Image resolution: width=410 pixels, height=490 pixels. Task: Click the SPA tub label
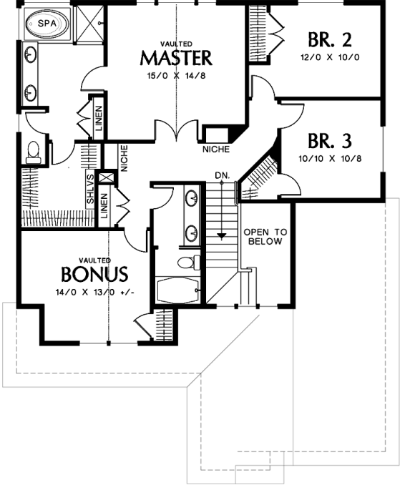47,23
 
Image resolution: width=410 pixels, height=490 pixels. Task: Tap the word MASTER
176,58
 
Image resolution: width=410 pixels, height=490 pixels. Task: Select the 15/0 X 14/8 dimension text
176,76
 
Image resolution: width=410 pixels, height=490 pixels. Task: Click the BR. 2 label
330,39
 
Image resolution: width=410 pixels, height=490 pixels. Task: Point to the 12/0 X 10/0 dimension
330,57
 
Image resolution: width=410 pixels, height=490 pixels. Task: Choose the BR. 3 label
330,141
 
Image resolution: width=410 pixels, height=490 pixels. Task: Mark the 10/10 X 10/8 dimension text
330,159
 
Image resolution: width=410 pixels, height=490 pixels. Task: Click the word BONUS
94,275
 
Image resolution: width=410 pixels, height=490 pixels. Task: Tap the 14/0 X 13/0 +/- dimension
95,293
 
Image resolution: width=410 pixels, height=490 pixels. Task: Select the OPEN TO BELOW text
265,237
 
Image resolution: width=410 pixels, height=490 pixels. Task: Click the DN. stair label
223,175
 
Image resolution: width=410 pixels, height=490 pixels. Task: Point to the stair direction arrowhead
222,236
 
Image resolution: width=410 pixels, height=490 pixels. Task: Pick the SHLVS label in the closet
90,189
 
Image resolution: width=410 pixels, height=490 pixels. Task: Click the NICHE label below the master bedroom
216,149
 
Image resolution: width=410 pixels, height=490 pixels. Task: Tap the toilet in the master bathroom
33,152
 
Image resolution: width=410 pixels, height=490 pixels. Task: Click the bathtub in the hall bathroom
177,290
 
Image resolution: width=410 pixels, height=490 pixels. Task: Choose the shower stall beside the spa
90,24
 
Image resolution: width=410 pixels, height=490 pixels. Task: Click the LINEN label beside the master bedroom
99,119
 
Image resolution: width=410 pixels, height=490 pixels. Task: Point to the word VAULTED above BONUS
94,260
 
